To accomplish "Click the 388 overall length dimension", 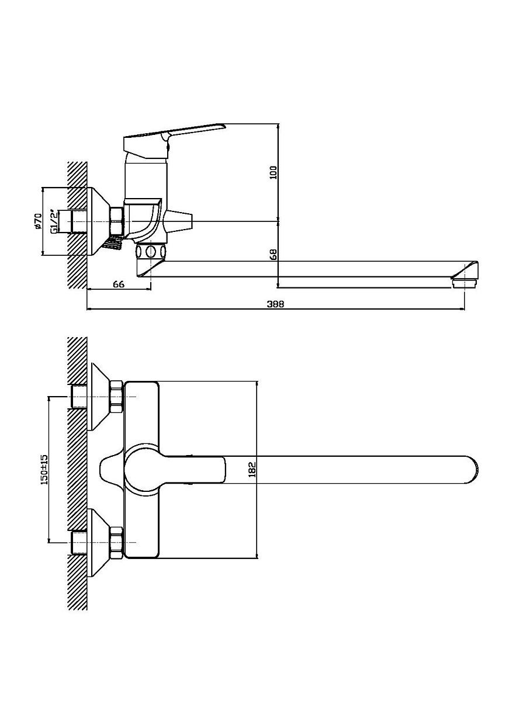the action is pos(275,304).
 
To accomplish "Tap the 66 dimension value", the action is pos(119,284).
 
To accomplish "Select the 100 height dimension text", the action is pos(274,172).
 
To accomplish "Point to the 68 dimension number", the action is pos(274,254).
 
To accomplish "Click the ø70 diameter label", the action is pos(38,221).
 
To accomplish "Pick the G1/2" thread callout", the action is pos(54,221).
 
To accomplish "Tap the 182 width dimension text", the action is pos(252,470).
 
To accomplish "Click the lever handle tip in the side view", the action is pos(224,126).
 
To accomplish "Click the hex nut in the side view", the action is pos(116,221).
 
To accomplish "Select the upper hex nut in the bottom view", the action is pos(116,397).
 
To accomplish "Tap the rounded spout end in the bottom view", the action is pos(473,470).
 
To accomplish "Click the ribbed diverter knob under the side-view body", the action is pos(151,251).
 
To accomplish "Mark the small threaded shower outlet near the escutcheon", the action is pos(113,242).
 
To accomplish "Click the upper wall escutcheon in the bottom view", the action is pos(101,396).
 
